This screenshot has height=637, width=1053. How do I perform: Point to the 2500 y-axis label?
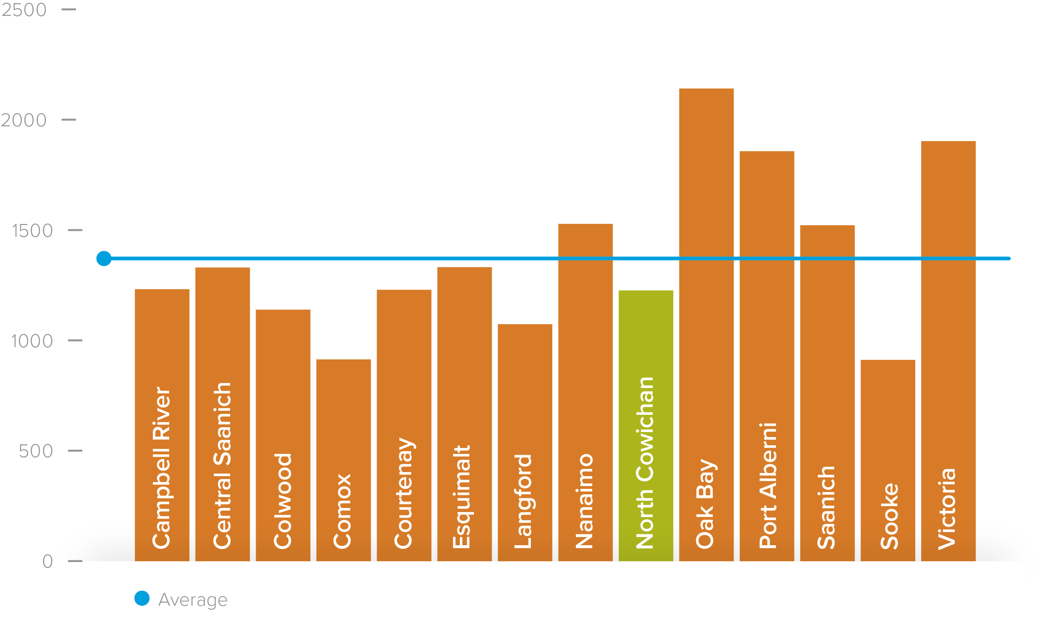click(24, 10)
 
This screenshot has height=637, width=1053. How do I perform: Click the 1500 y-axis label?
click(32, 231)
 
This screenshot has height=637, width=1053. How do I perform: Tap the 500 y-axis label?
click(35, 451)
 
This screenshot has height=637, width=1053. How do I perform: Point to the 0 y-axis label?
click(47, 562)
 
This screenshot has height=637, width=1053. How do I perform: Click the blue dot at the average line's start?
click(104, 259)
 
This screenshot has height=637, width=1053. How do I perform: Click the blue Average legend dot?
click(142, 598)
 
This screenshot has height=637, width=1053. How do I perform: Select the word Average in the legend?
click(193, 600)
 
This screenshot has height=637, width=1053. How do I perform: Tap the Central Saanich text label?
click(222, 466)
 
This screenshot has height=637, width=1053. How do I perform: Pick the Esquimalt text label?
click(462, 497)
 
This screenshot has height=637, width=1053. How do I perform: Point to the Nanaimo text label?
click(584, 501)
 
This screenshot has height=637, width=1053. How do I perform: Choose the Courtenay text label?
click(404, 493)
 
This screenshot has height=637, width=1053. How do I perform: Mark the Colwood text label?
click(282, 501)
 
